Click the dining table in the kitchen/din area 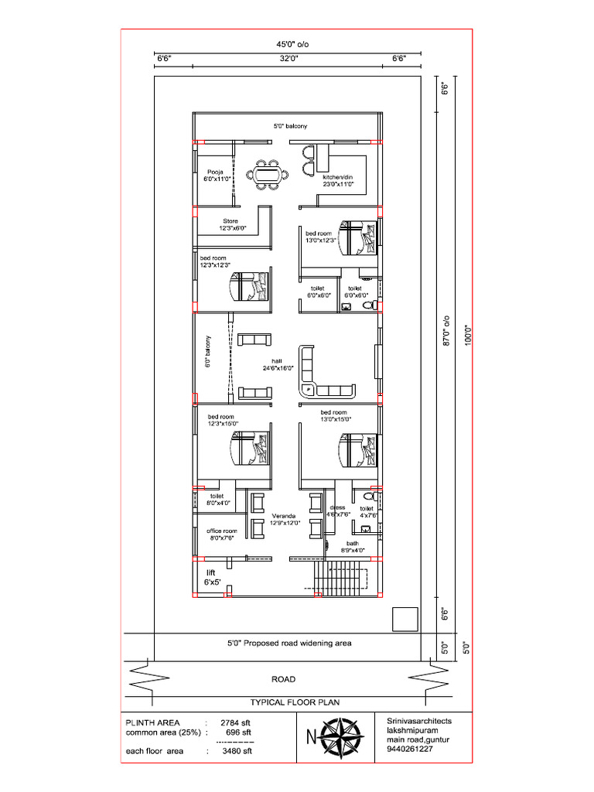[x=268, y=174]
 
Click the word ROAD [x=283, y=679]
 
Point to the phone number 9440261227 [x=410, y=749]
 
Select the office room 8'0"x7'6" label [x=221, y=534]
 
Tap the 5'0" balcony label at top [x=290, y=125]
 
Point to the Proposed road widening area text [x=289, y=643]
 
